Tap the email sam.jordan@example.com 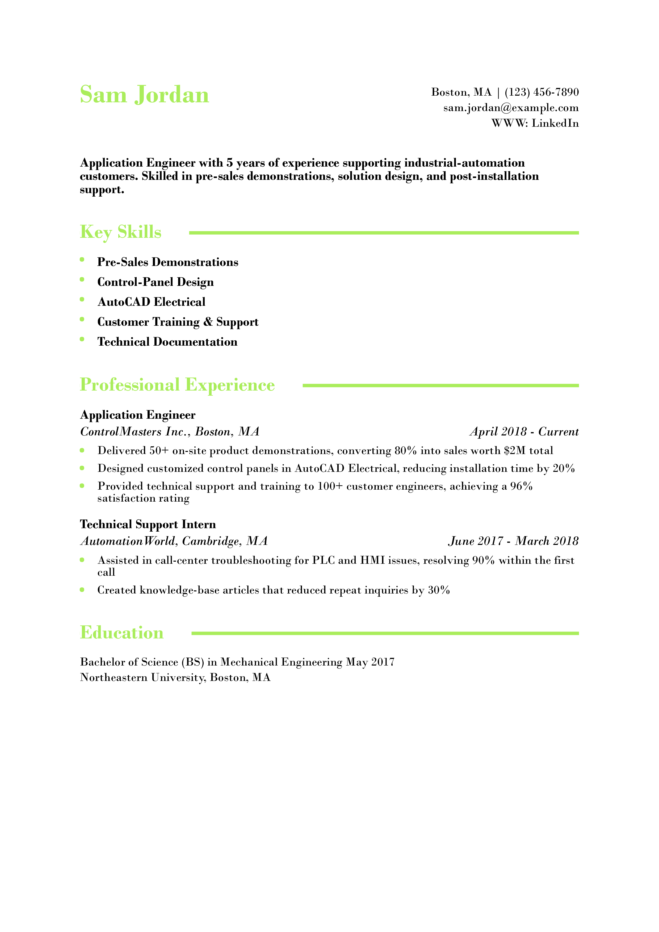(511, 108)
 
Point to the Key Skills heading (121, 232)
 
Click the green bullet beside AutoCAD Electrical (82, 300)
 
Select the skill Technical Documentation (167, 342)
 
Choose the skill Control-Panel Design (156, 282)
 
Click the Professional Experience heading (177, 385)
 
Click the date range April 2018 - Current (524, 431)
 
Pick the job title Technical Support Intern (148, 524)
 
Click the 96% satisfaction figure (521, 486)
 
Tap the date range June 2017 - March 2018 (513, 541)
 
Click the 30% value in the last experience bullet (439, 590)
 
